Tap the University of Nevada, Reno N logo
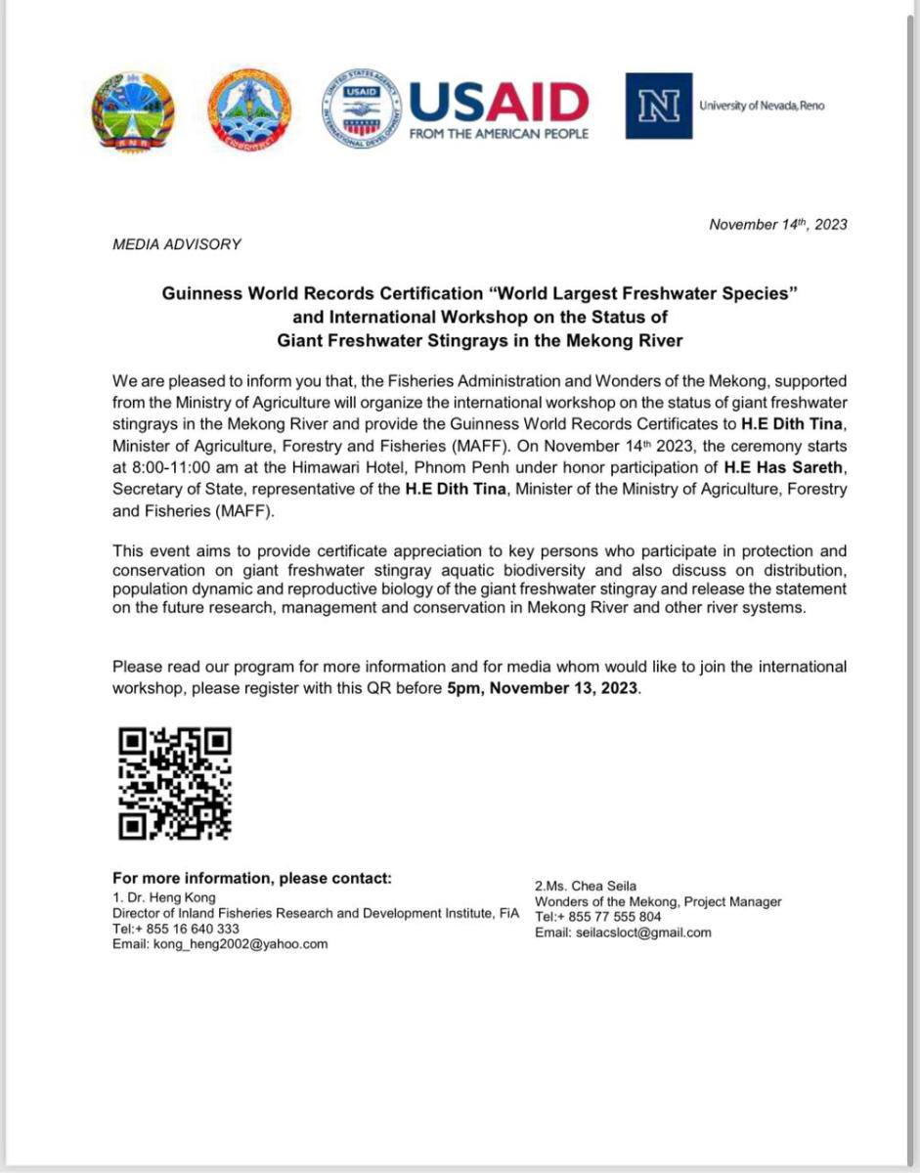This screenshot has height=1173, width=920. coord(658,106)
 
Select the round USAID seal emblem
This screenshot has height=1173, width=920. coord(361,109)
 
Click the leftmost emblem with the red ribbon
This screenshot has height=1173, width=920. coord(132,109)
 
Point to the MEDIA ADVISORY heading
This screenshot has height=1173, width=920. coord(177,244)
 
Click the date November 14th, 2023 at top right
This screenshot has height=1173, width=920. coord(778,225)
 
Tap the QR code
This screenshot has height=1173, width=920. coord(175,784)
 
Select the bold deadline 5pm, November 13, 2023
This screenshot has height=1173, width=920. coord(543,688)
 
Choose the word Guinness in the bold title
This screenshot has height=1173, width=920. coord(200,294)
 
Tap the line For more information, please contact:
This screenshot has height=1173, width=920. coord(252,878)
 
